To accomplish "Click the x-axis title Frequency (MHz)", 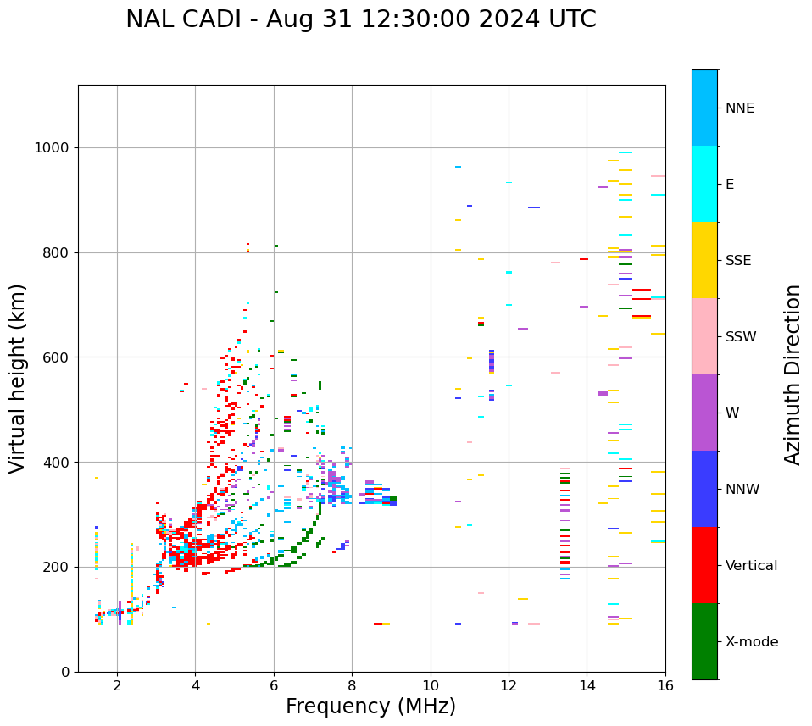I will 370,707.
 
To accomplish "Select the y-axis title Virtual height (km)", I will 18,379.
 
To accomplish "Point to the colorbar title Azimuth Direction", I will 793,374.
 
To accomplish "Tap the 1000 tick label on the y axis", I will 51,147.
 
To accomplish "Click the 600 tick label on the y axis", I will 55,357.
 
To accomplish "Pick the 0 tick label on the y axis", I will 64,672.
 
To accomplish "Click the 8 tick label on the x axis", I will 352,685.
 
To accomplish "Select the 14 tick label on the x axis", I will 587,685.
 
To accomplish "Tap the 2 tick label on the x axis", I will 117,685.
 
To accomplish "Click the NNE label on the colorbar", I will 739,108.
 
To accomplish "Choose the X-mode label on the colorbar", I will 751,642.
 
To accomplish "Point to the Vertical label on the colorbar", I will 751,566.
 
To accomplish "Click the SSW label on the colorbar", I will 741,337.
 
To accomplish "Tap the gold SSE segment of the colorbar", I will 704,260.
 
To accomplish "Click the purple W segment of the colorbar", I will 704,413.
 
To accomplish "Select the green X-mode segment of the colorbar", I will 704,641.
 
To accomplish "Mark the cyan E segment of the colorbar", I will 704,184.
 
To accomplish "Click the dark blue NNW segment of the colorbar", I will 704,489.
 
